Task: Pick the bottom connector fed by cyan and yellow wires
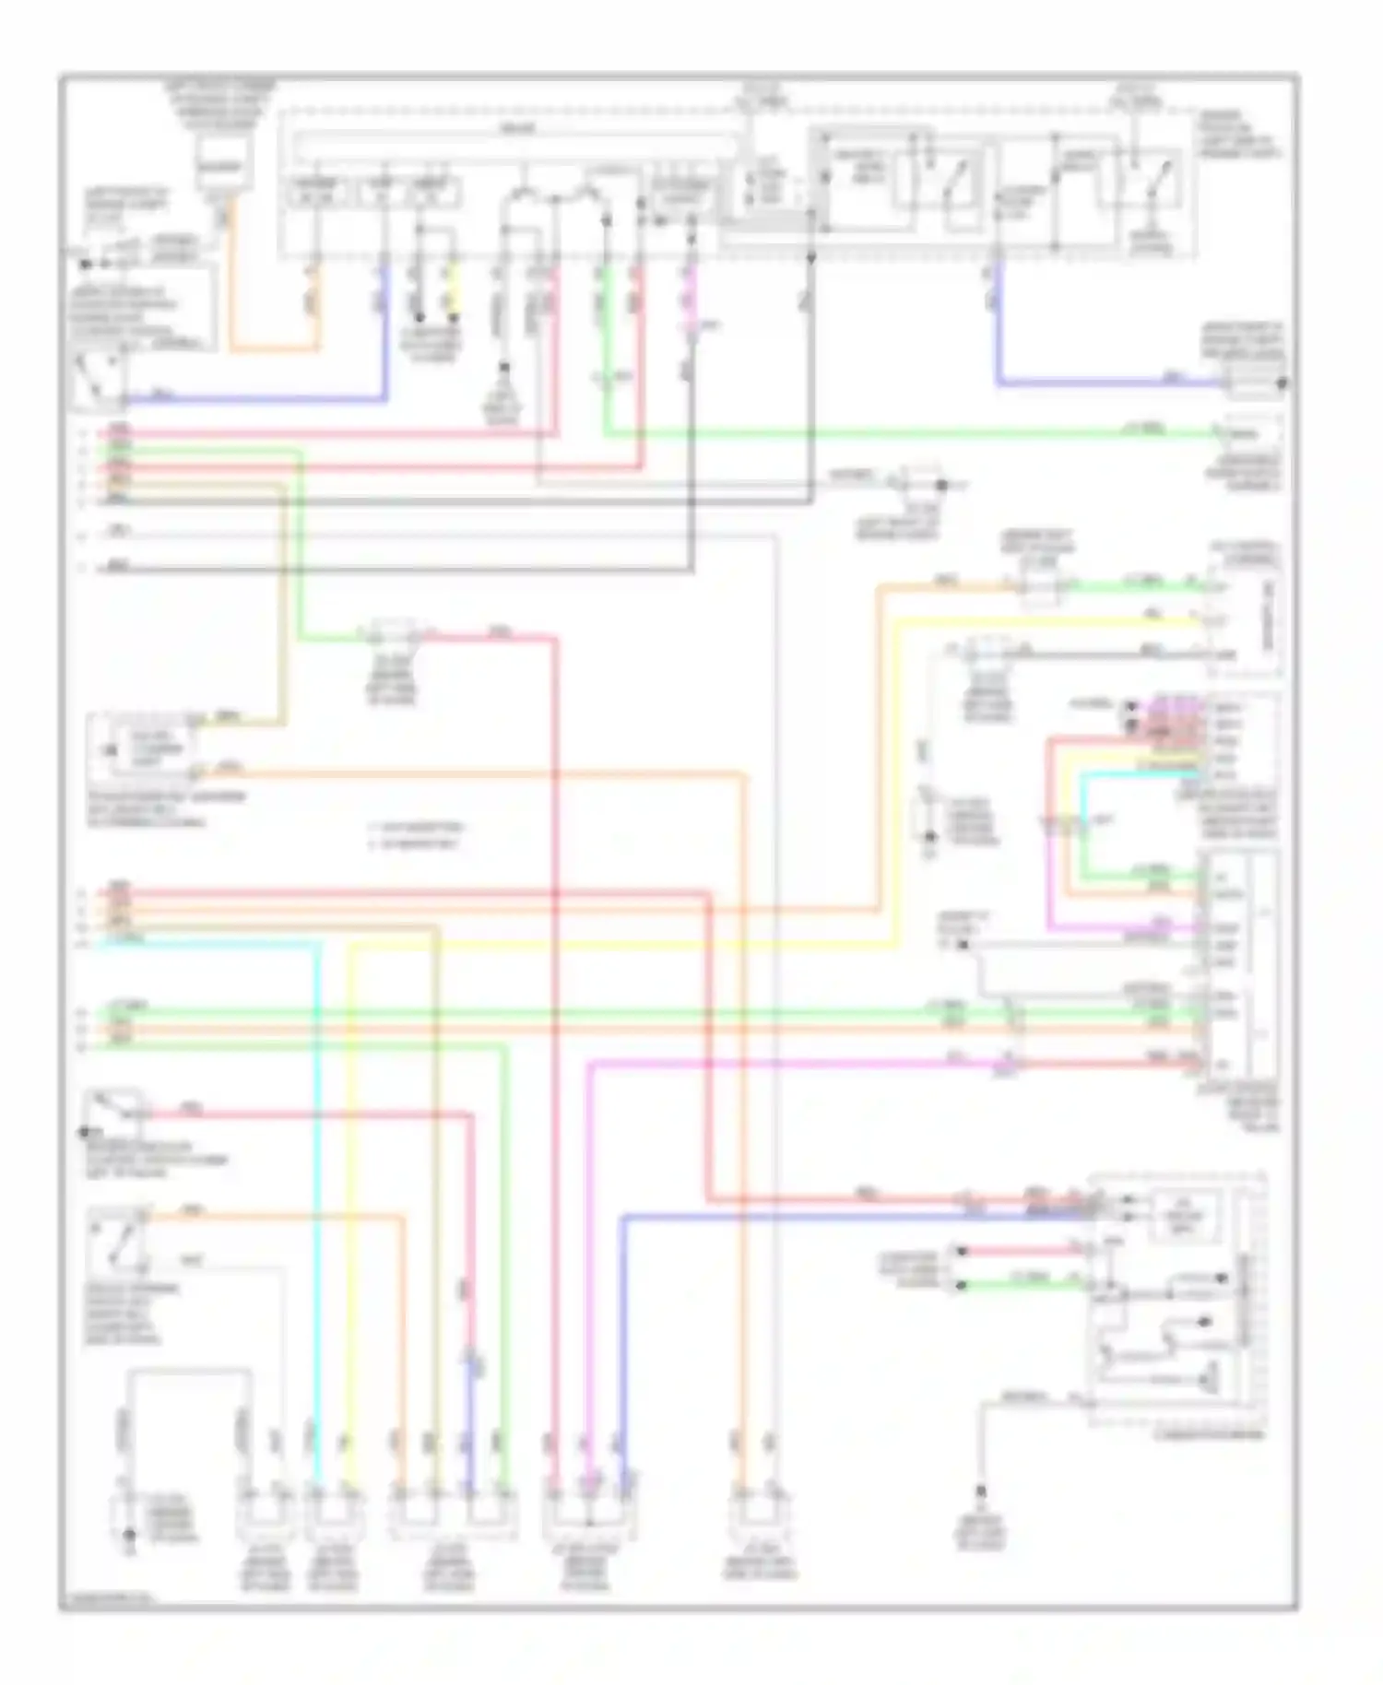pyautogui.click(x=333, y=1512)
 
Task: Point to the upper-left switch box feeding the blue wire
pyautogui.click(x=100, y=380)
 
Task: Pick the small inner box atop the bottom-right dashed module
pyautogui.click(x=1183, y=1215)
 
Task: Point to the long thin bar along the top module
pyautogui.click(x=516, y=146)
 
